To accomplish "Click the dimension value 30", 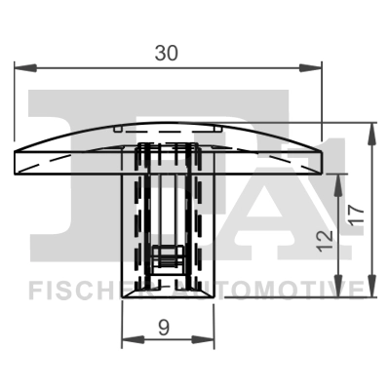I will click(166, 55).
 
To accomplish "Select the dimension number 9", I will click(165, 328).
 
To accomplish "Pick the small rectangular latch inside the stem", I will click(169, 259).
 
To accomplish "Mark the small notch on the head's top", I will click(117, 127).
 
